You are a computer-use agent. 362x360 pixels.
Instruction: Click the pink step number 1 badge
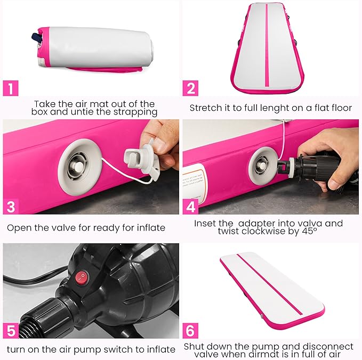[10, 88]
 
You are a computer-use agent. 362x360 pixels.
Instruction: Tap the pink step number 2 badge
[190, 88]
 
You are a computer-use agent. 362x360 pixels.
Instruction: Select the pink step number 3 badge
[11, 207]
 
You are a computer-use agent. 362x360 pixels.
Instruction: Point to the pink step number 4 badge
[190, 207]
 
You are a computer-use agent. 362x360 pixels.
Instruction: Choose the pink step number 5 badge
[11, 331]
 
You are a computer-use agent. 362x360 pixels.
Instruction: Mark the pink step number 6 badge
[190, 331]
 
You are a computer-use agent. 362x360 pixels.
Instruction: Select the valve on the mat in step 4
[263, 166]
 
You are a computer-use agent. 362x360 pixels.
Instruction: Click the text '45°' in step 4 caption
[309, 231]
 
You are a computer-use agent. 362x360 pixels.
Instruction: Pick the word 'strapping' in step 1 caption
[135, 112]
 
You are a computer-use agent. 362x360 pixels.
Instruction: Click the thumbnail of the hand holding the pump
[271, 167]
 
